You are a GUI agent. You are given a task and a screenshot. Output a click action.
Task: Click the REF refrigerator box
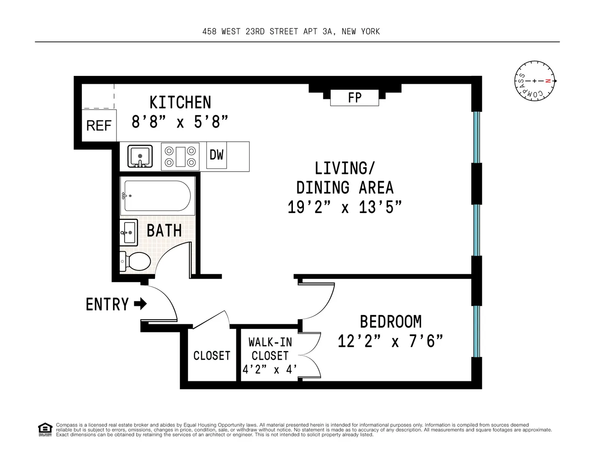(x=99, y=126)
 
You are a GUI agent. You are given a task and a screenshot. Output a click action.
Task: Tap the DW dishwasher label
(x=217, y=155)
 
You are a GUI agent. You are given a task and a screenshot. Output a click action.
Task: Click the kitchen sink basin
(x=140, y=155)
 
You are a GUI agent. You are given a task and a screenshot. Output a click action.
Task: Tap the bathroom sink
(x=129, y=233)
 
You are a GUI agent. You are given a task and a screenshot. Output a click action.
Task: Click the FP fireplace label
(x=355, y=98)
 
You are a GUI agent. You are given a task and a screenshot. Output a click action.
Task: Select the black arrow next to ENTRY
(x=141, y=304)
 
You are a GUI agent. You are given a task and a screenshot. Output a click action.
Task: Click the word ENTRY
(x=107, y=305)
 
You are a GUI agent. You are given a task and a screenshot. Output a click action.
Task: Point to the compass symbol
(x=535, y=81)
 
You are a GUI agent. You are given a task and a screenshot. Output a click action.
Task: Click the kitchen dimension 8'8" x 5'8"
(x=180, y=122)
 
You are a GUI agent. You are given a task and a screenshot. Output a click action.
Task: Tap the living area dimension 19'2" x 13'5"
(x=344, y=207)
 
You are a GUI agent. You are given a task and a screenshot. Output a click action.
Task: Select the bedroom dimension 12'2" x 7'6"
(x=390, y=341)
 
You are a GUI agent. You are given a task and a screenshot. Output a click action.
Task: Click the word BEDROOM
(x=390, y=322)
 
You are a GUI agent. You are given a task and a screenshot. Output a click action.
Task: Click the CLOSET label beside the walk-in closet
(x=212, y=356)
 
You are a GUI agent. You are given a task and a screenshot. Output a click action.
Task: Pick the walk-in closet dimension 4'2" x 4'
(x=269, y=369)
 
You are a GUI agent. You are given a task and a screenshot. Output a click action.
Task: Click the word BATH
(x=164, y=230)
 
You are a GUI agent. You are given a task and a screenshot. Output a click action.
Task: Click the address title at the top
(x=291, y=31)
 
